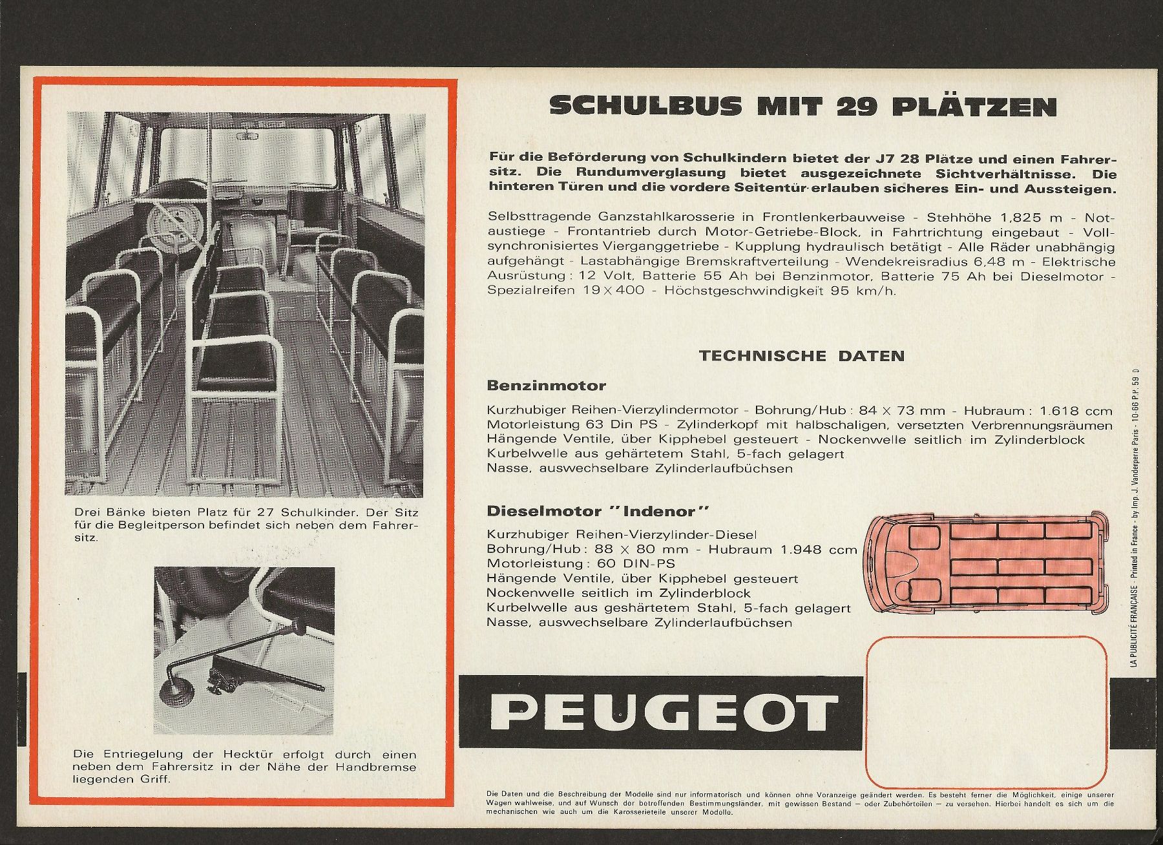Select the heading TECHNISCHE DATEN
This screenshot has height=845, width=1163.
tap(802, 355)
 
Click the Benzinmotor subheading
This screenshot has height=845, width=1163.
tap(546, 386)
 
